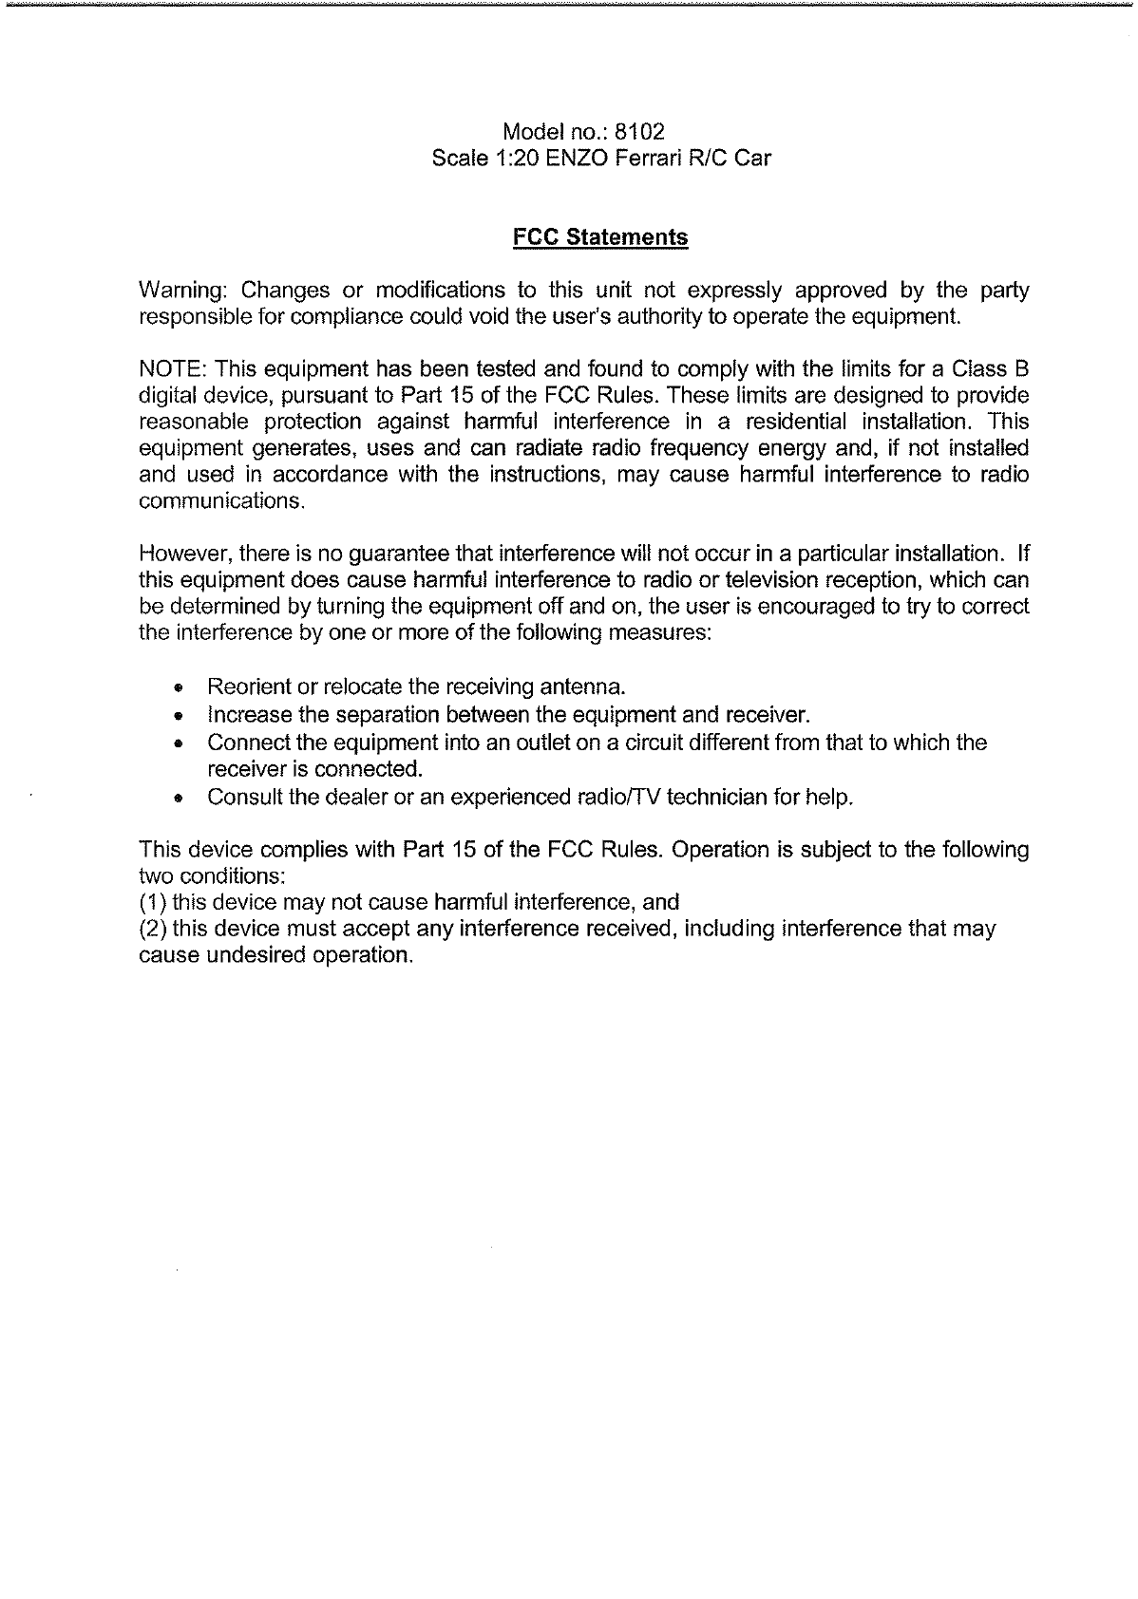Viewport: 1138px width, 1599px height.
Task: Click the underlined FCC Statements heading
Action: pyautogui.click(x=599, y=237)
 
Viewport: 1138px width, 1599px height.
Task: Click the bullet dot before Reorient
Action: pyautogui.click(x=178, y=687)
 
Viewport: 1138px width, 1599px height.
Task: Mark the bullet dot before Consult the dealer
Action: pyautogui.click(x=178, y=798)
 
